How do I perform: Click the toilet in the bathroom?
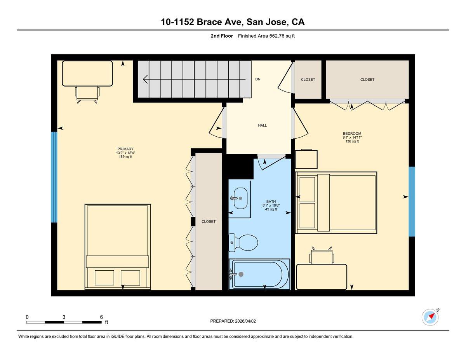click(244, 243)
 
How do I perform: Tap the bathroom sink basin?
click(240, 198)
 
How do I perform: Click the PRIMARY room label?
click(125, 149)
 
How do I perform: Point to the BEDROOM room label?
click(352, 134)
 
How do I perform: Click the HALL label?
click(263, 125)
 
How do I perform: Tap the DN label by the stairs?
click(257, 79)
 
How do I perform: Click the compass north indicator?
click(431, 317)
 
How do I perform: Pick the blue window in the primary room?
click(54, 177)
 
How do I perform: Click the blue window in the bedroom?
click(412, 202)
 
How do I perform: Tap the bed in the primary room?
click(118, 246)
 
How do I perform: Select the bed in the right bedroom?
click(336, 202)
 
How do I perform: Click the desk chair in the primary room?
click(87, 94)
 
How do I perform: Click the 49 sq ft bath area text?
click(271, 209)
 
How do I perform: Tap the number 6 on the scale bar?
click(101, 317)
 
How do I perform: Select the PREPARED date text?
click(233, 321)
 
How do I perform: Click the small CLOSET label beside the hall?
click(308, 80)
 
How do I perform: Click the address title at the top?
click(233, 22)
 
